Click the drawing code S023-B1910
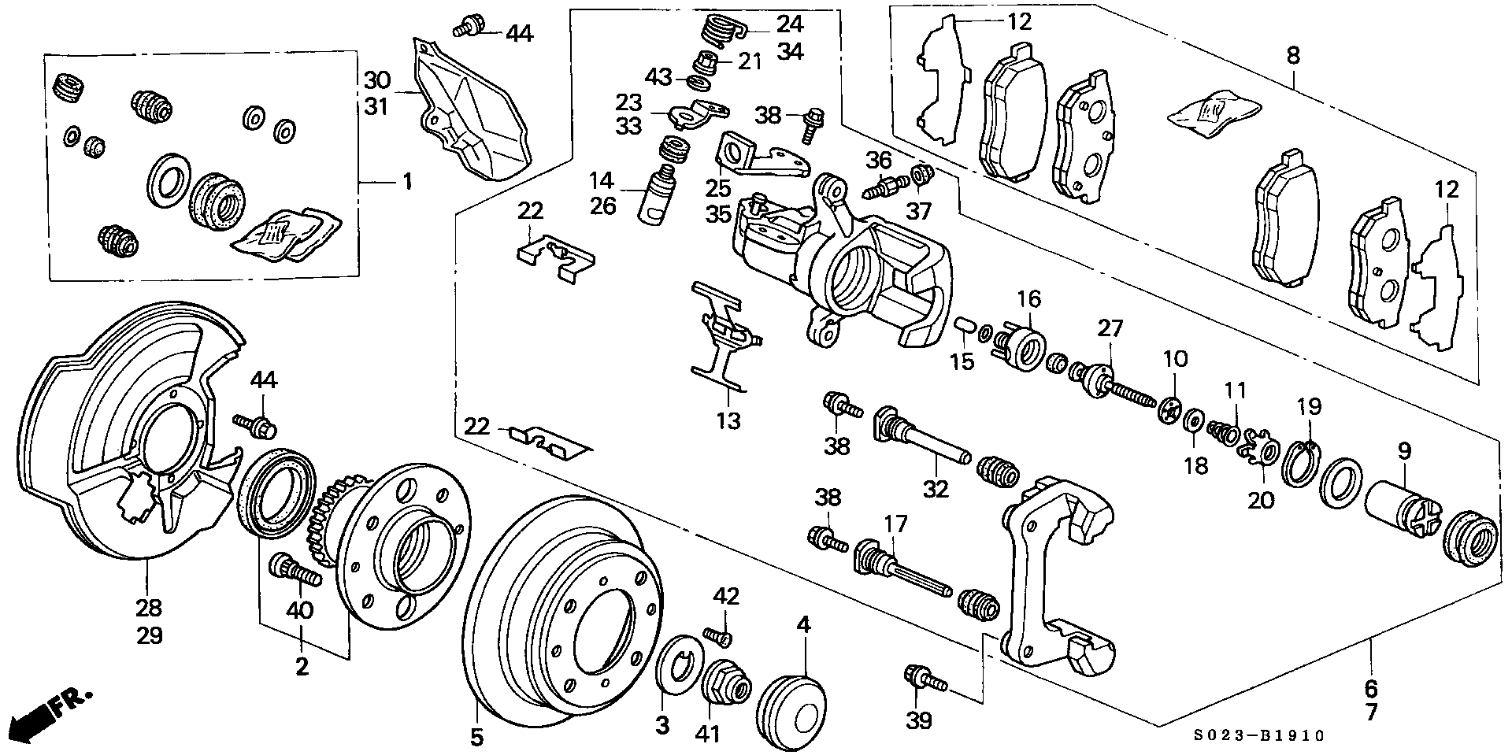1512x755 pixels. [x=1258, y=735]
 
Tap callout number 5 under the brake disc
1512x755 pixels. [x=477, y=737]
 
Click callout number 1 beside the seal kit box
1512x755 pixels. [x=407, y=183]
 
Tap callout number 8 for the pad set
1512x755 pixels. [x=1292, y=56]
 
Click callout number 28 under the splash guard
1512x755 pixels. [x=149, y=607]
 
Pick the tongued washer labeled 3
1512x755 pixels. [x=673, y=666]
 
